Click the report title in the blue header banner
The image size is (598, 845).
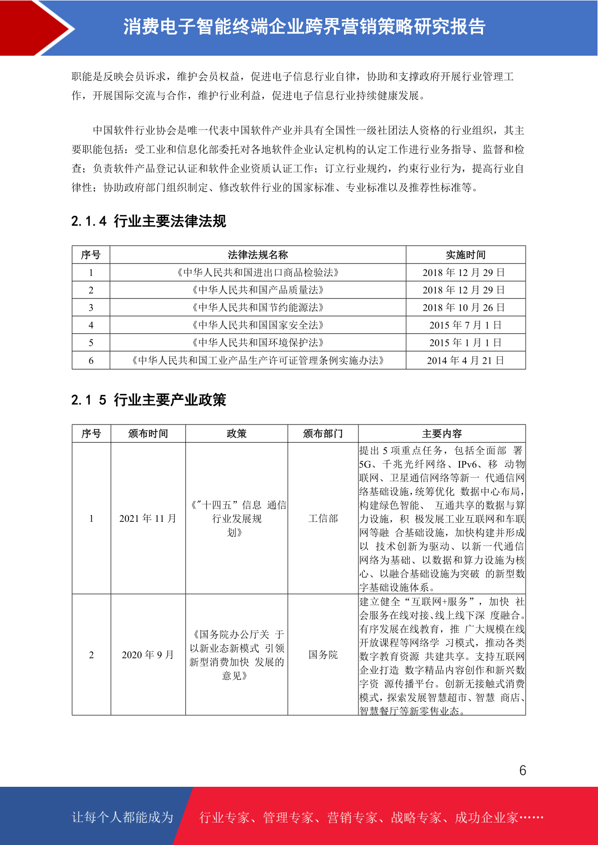coord(304,27)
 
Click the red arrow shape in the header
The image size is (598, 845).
coord(35,28)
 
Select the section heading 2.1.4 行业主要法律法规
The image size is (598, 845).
coord(149,221)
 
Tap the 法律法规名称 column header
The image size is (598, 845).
coord(258,255)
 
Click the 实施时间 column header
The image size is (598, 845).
coord(465,255)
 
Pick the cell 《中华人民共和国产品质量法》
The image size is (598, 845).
coord(258,290)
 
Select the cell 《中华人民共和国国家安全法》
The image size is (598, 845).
coord(258,325)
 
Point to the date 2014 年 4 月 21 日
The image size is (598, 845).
coord(465,360)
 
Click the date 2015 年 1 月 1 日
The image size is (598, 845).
coord(465,343)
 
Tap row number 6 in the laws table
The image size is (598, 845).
coord(91,360)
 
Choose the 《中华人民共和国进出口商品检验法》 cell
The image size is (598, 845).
coord(258,272)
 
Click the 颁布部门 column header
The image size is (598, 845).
coord(323,434)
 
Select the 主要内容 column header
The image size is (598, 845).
coord(442,434)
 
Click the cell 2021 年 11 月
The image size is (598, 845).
coord(148,518)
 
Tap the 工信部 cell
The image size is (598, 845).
coord(323,518)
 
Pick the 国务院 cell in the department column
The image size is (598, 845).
coord(323,655)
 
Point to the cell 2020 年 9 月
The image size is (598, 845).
coord(148,655)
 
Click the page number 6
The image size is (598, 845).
coord(523,771)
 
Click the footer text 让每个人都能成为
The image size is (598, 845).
coord(123,817)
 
